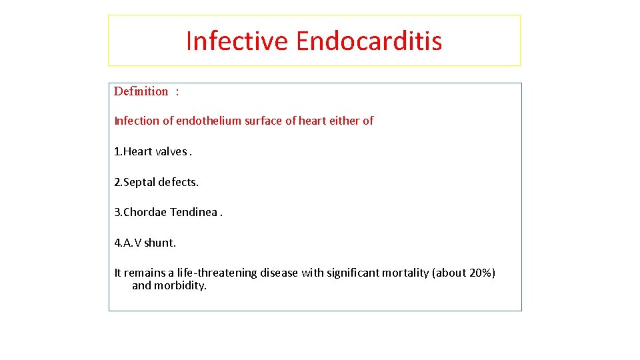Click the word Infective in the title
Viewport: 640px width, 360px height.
(x=237, y=41)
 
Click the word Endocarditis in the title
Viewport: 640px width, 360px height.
(x=369, y=41)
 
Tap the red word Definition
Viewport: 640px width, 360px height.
(x=141, y=91)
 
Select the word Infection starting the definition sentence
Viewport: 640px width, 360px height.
(x=137, y=121)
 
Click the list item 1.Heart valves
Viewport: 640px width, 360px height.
(x=153, y=151)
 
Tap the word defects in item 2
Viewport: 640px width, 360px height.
(x=179, y=182)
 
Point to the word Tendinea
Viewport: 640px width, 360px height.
(x=194, y=212)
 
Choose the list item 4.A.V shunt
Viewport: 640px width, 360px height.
(x=145, y=243)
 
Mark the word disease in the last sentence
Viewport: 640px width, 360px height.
(x=279, y=273)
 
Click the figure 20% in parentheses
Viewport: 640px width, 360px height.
(x=481, y=273)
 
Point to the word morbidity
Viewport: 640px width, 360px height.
(x=180, y=285)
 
